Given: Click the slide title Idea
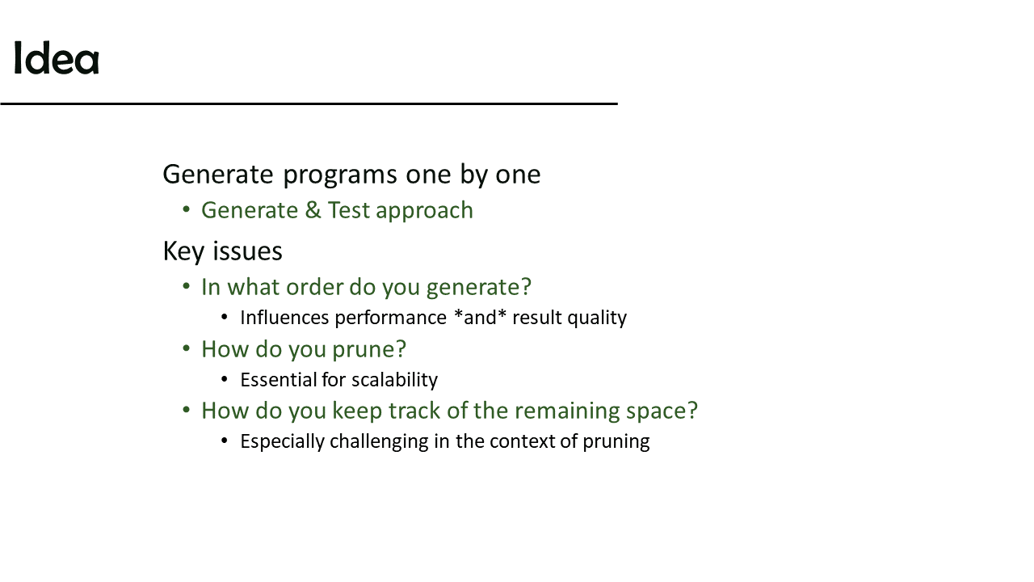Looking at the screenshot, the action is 57,57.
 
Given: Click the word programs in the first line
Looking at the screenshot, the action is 340,175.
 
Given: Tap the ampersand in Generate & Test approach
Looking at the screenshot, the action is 313,210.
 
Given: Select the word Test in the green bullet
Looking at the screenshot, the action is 348,210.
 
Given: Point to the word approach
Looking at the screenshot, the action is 425,212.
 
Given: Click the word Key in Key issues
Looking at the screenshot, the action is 183,252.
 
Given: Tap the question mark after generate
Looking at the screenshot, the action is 526,286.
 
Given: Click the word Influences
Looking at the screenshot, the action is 284,318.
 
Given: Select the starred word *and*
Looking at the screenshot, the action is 480,318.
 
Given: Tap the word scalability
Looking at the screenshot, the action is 394,381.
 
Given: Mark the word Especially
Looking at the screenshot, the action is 283,442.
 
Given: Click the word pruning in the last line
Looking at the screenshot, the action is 616,442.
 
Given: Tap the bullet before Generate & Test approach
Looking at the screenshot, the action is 186,209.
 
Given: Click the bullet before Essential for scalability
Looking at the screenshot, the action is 225,379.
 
